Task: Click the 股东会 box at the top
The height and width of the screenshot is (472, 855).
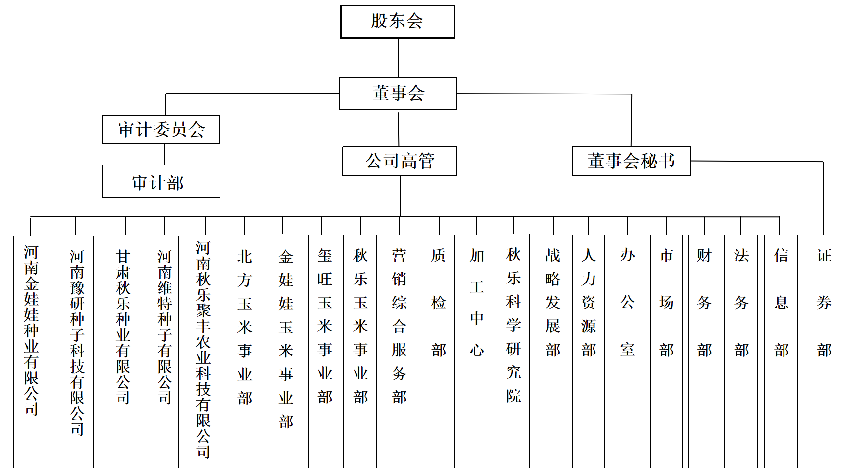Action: pyautogui.click(x=398, y=22)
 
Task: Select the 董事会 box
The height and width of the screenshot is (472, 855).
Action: pyautogui.click(x=398, y=94)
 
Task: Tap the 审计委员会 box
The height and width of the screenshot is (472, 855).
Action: pyautogui.click(x=161, y=130)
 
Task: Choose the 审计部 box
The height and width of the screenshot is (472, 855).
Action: pyautogui.click(x=161, y=181)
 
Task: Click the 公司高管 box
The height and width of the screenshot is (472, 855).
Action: pyautogui.click(x=400, y=161)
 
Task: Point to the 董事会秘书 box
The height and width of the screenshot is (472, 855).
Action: pyautogui.click(x=632, y=161)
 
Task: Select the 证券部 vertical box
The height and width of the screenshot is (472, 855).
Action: pyautogui.click(x=824, y=351)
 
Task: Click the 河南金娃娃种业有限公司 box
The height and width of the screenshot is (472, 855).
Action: pyautogui.click(x=30, y=352)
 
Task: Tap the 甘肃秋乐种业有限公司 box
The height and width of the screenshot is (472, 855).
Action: pyautogui.click(x=122, y=352)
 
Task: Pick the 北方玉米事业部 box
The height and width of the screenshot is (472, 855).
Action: pyautogui.click(x=244, y=352)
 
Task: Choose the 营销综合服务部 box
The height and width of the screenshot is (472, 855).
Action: pyautogui.click(x=399, y=351)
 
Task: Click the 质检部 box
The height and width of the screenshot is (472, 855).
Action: pyautogui.click(x=438, y=351)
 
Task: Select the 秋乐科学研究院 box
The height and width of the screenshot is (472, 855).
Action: pyautogui.click(x=514, y=351)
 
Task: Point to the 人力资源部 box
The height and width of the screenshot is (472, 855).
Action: pyautogui.click(x=589, y=351)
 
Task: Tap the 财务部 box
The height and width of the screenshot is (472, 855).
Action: pyautogui.click(x=704, y=351)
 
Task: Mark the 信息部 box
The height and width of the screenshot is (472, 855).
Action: pyautogui.click(x=781, y=351)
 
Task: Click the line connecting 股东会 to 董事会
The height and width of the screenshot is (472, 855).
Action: pyautogui.click(x=398, y=58)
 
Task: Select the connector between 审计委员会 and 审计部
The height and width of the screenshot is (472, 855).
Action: pyautogui.click(x=165, y=155)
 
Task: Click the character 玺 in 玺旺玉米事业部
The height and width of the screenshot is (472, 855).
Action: pyautogui.click(x=325, y=255)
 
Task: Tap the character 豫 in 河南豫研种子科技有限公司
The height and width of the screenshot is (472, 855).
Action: pyautogui.click(x=77, y=287)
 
